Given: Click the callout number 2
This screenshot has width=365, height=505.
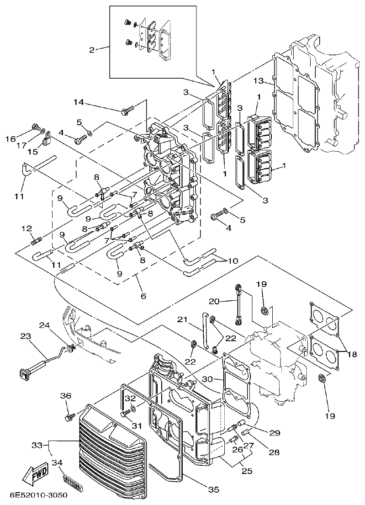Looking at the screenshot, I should point(92,50).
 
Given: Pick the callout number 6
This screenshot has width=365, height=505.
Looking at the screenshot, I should point(143,296).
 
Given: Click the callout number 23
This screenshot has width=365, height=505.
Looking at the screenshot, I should point(25,336).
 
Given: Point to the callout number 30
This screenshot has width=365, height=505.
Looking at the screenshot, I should point(207,379).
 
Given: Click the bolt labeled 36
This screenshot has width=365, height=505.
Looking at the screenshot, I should point(71,417).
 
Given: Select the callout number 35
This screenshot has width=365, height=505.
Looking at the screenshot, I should point(214,489).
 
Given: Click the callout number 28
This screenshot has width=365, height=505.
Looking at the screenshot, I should point(274,452).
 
